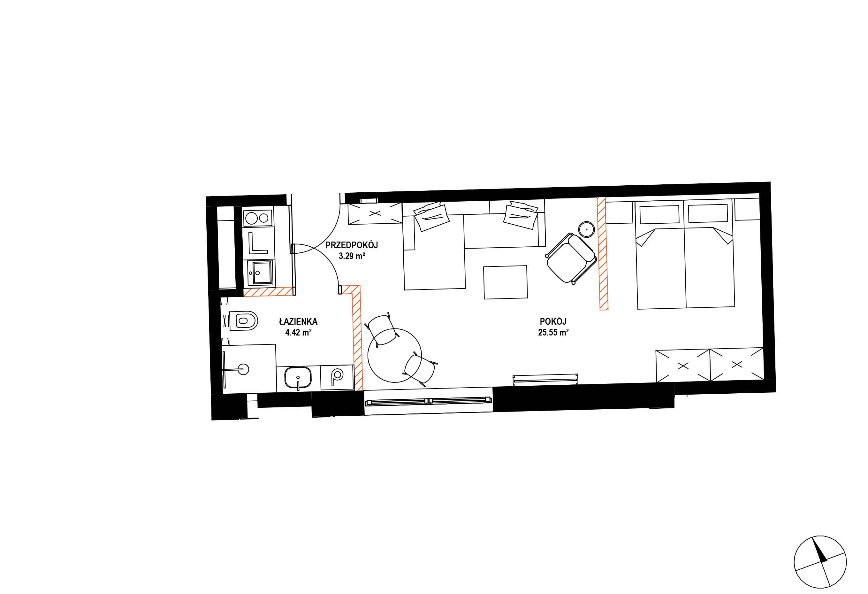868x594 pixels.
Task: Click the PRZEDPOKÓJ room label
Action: tap(352, 245)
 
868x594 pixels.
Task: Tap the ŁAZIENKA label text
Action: tap(298, 321)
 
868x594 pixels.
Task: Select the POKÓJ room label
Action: tap(553, 321)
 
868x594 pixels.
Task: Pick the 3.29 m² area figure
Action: tap(352, 256)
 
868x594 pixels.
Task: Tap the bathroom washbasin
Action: tap(298, 378)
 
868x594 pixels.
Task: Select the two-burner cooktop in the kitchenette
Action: tap(257, 217)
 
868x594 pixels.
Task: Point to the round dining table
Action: tap(394, 355)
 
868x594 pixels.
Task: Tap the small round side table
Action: tap(586, 229)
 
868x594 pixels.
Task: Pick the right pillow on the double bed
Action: tap(708, 214)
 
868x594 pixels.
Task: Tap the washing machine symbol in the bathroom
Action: tap(337, 377)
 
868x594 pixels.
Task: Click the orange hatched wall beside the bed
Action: tap(602, 254)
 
